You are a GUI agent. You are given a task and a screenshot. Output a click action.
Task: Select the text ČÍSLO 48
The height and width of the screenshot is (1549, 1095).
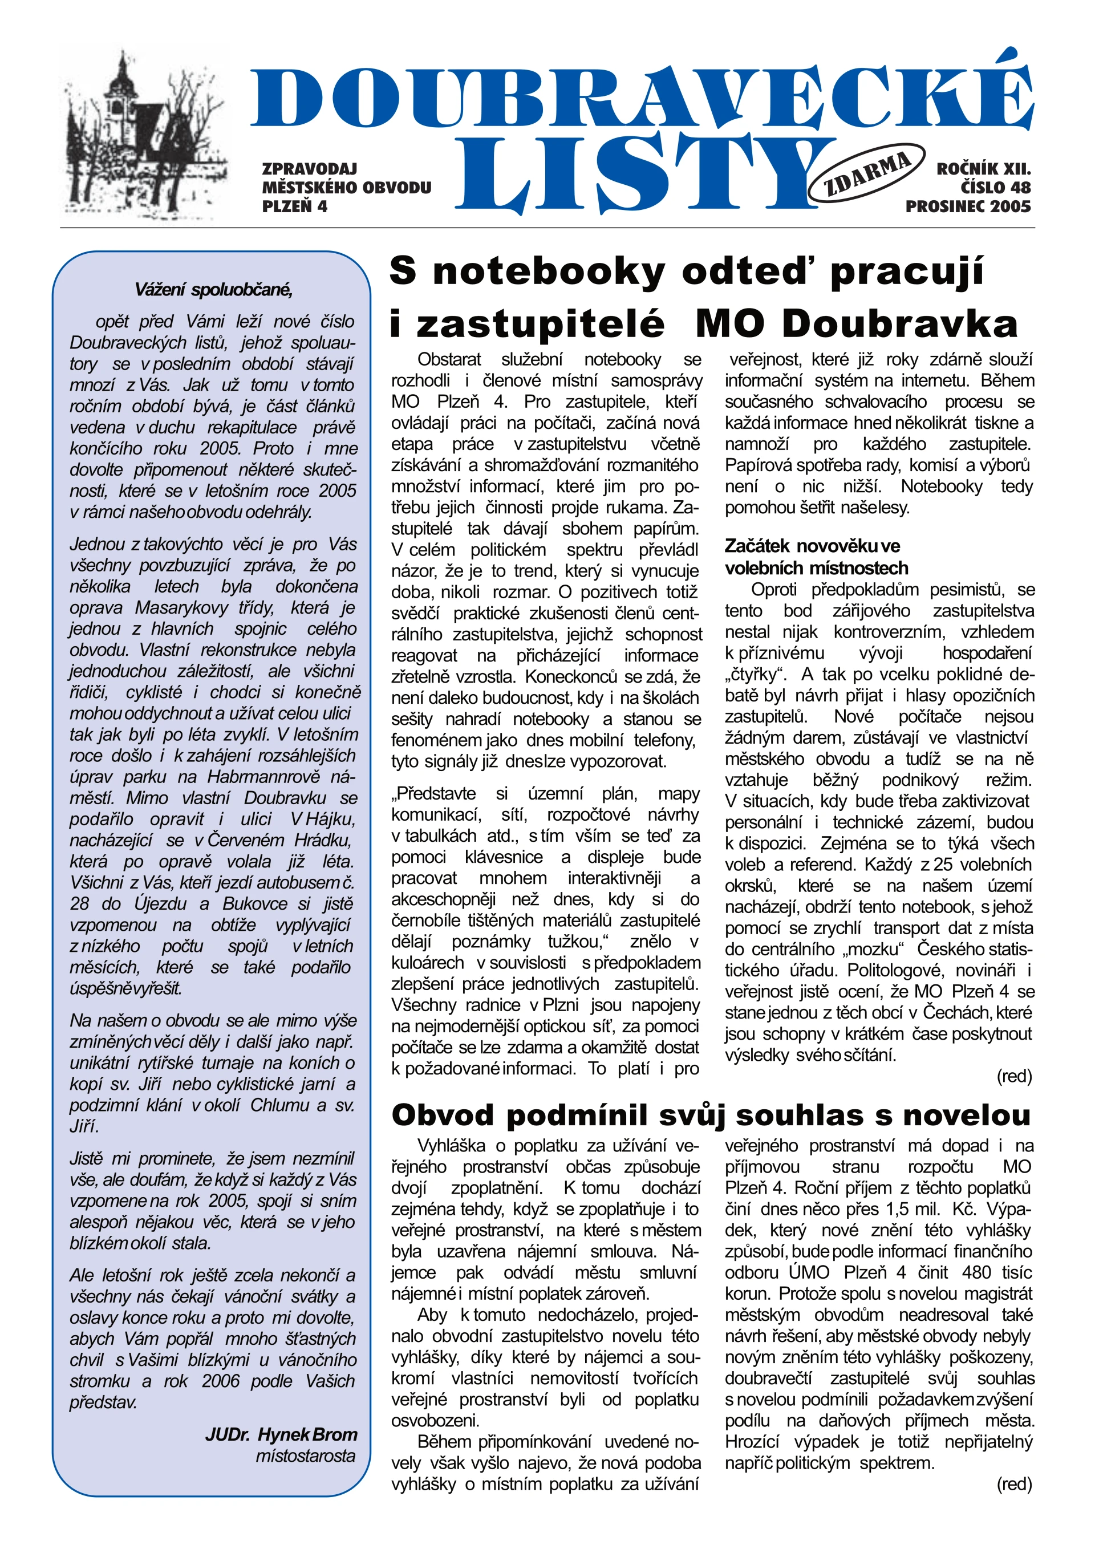click(x=995, y=188)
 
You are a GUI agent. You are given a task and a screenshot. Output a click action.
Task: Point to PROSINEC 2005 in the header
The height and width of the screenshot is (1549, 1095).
click(x=968, y=206)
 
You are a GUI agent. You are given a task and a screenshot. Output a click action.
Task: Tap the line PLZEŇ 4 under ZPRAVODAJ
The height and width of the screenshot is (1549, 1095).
click(x=295, y=206)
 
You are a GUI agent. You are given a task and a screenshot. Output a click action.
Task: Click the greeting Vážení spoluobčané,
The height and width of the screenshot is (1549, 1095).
click(x=213, y=290)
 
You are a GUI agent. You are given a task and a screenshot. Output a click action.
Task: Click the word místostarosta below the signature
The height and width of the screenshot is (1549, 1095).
click(x=305, y=1456)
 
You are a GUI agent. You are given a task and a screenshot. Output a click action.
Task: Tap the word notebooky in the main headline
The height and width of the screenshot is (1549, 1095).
click(x=549, y=271)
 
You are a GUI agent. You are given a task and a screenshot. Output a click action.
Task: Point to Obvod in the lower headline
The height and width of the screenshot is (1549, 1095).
click(x=443, y=1116)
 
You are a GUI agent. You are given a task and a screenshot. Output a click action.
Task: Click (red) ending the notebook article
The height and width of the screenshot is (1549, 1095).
click(x=1014, y=1076)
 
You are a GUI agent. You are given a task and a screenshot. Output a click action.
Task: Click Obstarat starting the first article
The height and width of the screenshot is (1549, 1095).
click(x=449, y=359)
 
